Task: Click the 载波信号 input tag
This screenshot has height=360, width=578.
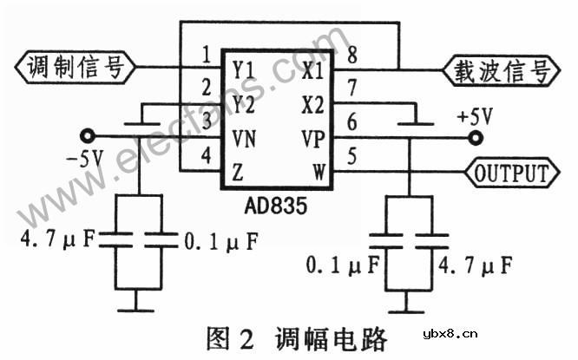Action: tap(498, 69)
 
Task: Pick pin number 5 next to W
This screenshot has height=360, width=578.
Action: tap(352, 157)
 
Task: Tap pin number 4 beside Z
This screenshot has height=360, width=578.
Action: tap(205, 156)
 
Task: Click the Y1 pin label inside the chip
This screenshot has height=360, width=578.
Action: tap(242, 68)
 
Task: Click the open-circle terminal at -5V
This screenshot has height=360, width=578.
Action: tap(86, 135)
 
